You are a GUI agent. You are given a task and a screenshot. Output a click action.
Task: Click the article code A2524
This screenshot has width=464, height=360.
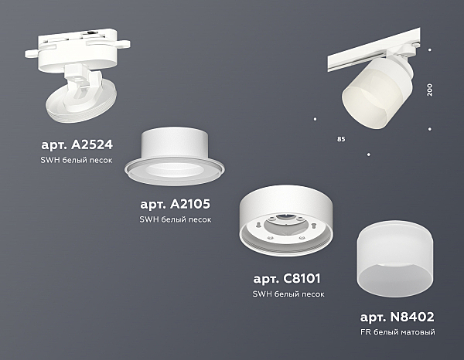(92, 144)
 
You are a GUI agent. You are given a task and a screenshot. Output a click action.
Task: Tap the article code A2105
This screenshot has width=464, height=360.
(190, 204)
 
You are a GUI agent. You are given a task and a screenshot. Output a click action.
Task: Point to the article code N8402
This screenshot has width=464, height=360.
(412, 317)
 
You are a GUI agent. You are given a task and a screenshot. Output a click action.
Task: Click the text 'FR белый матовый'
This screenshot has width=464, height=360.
(397, 332)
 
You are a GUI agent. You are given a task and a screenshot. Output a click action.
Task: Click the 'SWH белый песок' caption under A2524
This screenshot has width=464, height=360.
(77, 160)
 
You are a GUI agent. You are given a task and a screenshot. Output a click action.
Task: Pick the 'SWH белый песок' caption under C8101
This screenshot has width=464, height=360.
(288, 294)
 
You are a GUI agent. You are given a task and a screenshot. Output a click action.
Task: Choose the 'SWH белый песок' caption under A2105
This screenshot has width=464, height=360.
(176, 219)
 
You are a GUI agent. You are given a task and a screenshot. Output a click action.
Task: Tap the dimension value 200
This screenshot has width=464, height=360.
(429, 90)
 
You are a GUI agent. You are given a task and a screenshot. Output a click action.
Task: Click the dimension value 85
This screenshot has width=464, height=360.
(341, 139)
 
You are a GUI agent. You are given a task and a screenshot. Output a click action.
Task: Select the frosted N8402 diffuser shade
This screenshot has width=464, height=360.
(395, 259)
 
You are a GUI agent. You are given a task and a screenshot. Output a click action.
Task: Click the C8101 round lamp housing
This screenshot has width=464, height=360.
(286, 220)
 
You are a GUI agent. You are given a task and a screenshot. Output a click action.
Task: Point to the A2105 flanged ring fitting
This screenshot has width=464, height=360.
(175, 157)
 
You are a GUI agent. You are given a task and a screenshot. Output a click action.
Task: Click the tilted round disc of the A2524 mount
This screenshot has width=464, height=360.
(80, 102)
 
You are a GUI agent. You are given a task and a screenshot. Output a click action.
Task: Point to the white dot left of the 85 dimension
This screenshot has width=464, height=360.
(316, 119)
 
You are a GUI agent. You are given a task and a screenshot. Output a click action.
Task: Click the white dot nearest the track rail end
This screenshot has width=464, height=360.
(430, 50)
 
